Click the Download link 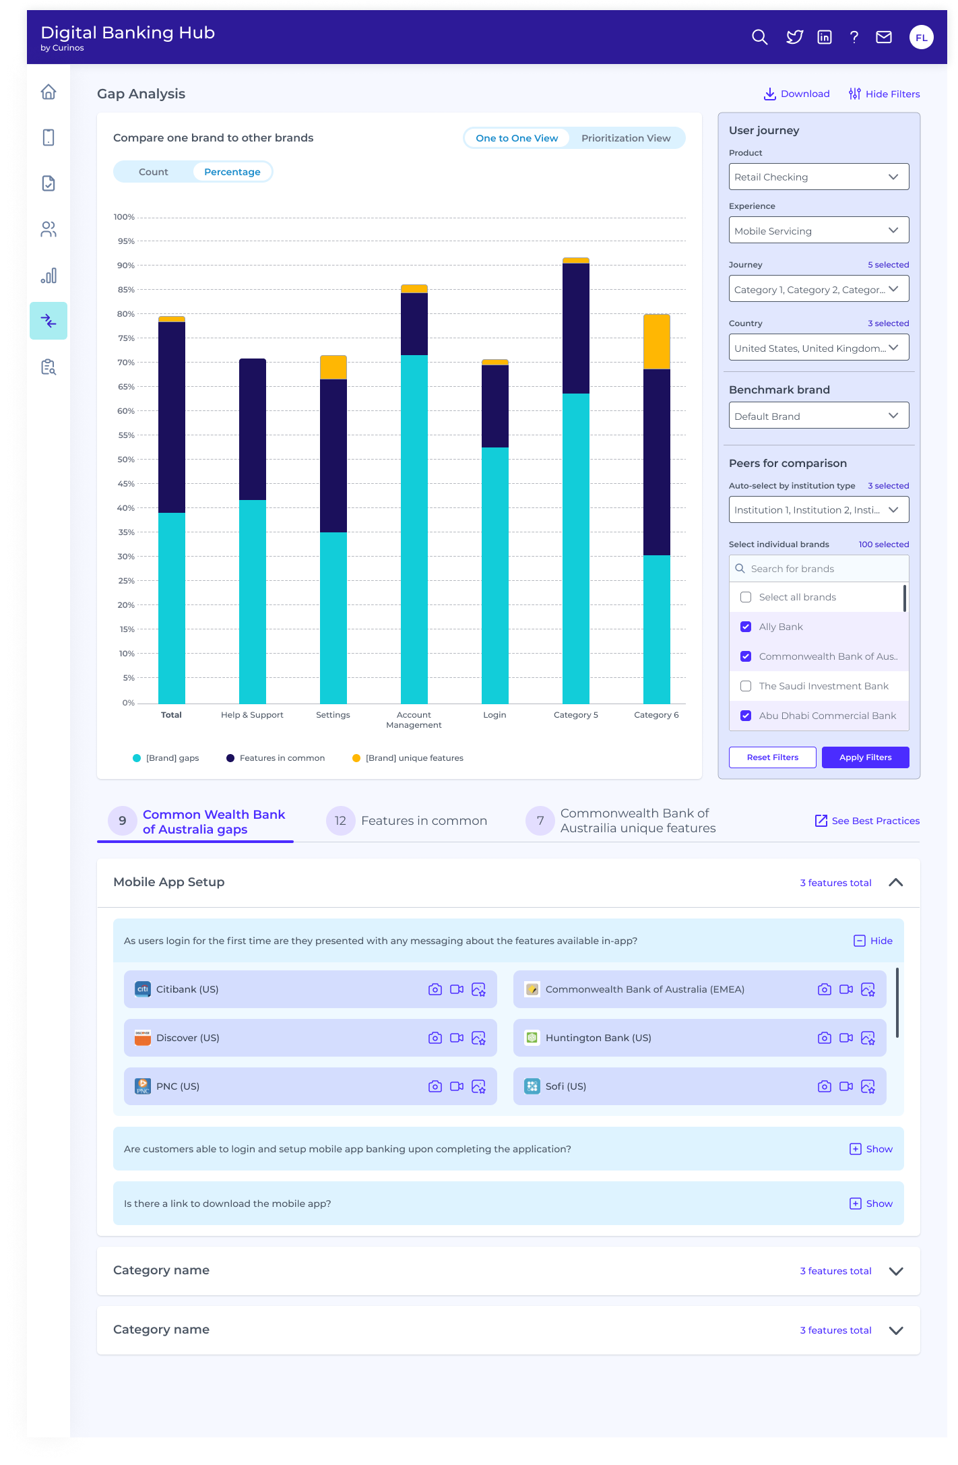tap(796, 94)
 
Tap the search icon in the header tap(759, 37)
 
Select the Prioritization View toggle tap(625, 138)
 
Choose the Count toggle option tap(154, 172)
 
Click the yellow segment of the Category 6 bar tap(656, 342)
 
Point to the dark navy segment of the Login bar tap(494, 406)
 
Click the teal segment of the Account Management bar tap(414, 529)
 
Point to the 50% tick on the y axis tap(126, 460)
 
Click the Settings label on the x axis tap(333, 715)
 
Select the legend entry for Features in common tap(276, 758)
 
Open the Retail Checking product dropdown tap(819, 177)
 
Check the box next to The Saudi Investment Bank tap(746, 686)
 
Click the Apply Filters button tap(865, 757)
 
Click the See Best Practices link tap(867, 821)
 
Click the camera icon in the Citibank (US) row tap(435, 989)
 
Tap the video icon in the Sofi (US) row tap(846, 1086)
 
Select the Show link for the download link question tap(871, 1204)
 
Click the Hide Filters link tap(884, 94)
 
